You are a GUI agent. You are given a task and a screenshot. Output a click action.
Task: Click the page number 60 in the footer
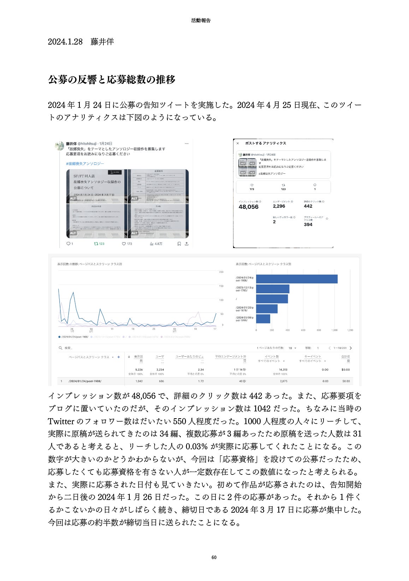(x=214, y=557)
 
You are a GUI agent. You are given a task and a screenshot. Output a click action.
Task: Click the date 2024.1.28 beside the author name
(x=65, y=42)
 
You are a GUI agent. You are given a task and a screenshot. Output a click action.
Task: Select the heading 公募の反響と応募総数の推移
(x=112, y=80)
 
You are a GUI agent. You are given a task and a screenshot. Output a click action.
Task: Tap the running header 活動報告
(x=201, y=21)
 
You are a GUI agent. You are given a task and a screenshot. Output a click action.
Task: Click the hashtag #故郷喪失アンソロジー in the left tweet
(x=85, y=163)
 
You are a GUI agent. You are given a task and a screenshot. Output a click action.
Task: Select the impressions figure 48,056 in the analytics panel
(x=248, y=207)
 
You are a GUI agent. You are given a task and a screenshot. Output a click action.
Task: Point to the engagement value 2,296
(x=279, y=206)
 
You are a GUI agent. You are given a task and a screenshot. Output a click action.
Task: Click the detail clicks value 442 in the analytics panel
(x=308, y=206)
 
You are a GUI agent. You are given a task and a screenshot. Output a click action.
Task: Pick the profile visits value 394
(x=308, y=224)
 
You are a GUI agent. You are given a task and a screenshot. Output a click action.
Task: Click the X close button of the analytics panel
(x=238, y=143)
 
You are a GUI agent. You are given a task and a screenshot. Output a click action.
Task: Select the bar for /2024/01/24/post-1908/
(x=297, y=279)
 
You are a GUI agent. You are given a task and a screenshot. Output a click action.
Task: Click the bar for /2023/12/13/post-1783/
(x=272, y=289)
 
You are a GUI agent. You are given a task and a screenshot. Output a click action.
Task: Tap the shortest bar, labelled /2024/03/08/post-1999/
(x=263, y=318)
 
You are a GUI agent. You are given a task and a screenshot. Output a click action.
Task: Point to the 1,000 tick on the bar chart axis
(x=334, y=330)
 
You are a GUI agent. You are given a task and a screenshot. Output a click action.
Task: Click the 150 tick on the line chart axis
(x=221, y=286)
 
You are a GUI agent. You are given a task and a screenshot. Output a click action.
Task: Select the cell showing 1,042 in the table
(x=139, y=381)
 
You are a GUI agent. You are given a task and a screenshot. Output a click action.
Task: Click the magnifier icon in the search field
(x=60, y=348)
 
